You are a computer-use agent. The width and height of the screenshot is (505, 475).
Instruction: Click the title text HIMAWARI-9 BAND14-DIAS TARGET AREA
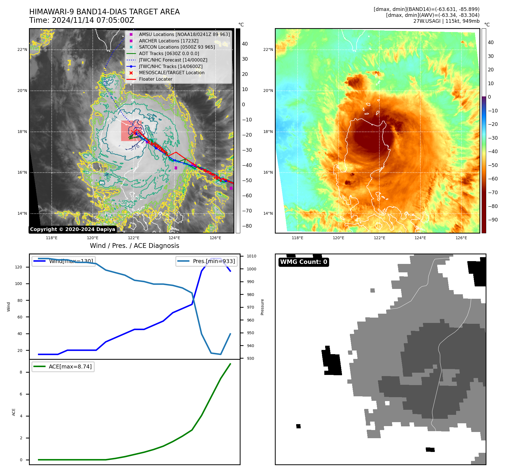104,12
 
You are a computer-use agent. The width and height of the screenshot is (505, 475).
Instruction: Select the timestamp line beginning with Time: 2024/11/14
81,21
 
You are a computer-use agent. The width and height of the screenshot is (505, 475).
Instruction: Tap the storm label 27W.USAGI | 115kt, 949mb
446,21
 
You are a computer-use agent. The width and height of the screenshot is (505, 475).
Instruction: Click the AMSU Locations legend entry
184,34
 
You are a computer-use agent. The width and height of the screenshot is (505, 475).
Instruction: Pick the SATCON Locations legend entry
177,47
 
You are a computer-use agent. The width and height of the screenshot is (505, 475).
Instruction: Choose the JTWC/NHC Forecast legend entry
173,60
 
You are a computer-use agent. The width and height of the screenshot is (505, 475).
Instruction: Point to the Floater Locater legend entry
155,79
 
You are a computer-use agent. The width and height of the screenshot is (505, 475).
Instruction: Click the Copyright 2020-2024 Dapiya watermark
73,229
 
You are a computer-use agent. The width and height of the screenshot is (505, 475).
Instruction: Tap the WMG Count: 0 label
304,262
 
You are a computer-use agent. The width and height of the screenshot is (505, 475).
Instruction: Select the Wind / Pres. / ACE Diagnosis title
134,246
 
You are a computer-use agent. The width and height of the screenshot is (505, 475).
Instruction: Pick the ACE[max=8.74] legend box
63,367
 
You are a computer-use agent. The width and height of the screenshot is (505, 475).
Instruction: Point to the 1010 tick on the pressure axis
251,256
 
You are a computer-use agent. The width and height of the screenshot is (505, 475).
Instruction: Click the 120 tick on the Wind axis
18,267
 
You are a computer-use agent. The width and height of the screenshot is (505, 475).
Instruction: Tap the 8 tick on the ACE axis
21,372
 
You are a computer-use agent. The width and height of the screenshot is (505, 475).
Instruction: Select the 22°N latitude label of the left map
22,50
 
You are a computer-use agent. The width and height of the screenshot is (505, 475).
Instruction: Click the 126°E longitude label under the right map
461,238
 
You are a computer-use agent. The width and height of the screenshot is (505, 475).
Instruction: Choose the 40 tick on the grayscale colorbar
245,44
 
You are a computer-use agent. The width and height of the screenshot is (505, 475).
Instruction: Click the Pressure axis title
262,307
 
